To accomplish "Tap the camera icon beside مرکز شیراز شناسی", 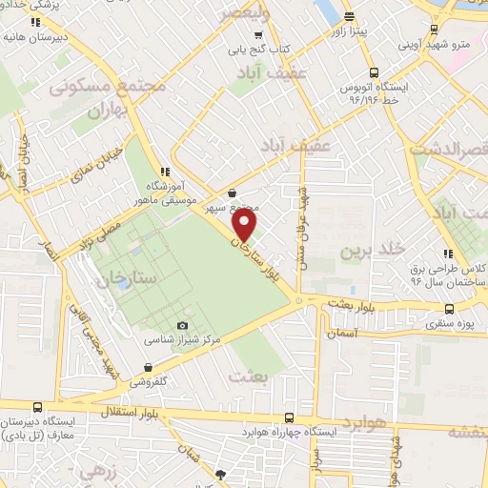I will pyautogui.click(x=182, y=325).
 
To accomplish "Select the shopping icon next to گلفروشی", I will pyautogui.click(x=149, y=367).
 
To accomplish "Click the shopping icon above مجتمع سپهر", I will pyautogui.click(x=232, y=193).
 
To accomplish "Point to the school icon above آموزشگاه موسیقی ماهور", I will pyautogui.click(x=163, y=172).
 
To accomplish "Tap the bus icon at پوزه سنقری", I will pyautogui.click(x=449, y=309).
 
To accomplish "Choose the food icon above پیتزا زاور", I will pyautogui.click(x=348, y=15).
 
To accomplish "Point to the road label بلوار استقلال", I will pyautogui.click(x=211, y=412).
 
